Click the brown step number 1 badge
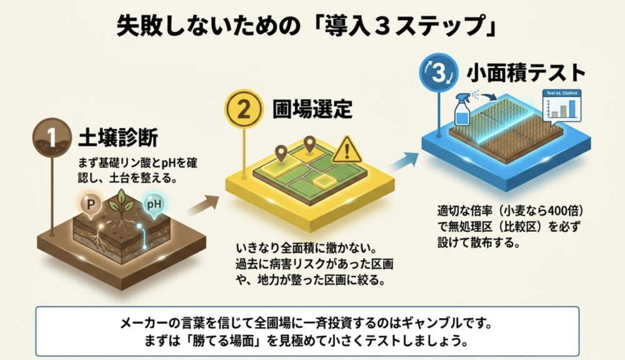coord(52,137)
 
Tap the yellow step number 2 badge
coord(244,109)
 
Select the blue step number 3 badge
coord(439,72)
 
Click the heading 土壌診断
coord(118,138)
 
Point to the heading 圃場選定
coord(312,109)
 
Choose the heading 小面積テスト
coord(526,73)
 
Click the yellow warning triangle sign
coord(347,149)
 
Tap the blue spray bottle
coord(462,109)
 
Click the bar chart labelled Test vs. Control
coord(562,105)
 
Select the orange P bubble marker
coord(91,205)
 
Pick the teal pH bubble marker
coord(154,205)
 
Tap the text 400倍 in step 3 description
coord(561,210)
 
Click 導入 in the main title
coord(349,27)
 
